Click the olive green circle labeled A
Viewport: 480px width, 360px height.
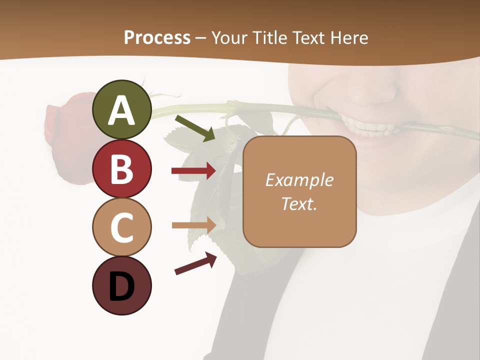122,110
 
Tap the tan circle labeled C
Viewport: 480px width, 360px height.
122,227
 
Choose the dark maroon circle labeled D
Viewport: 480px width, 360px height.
122,285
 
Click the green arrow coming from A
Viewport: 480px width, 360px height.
195,128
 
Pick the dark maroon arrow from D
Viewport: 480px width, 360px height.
195,263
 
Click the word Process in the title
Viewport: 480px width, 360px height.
157,38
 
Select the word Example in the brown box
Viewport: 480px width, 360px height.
299,180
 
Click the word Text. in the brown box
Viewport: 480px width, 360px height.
299,203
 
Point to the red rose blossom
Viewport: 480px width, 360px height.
67,135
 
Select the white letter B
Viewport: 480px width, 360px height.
122,169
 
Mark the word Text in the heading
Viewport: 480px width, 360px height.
308,38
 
